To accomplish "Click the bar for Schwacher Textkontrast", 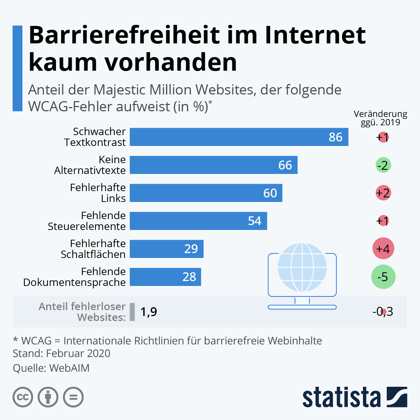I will (239, 137).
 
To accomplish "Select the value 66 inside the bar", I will (285, 165).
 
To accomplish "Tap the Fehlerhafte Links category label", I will (98, 193).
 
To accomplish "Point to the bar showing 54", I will (198, 221).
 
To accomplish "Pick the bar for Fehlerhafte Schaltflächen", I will (167, 249).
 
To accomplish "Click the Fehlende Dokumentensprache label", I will (74, 277).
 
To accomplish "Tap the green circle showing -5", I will (383, 277).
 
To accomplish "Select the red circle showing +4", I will (383, 249).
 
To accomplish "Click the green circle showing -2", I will (383, 165).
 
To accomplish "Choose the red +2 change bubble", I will (383, 193).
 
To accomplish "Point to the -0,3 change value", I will (383, 311).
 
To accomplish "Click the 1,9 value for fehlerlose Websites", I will (148, 311).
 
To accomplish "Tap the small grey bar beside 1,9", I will (132, 311).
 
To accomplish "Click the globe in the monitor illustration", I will (302, 267).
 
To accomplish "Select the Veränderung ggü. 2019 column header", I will (380, 118).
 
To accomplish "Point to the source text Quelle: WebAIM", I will (51, 368).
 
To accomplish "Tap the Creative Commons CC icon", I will (23, 397).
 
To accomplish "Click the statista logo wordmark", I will (341, 398).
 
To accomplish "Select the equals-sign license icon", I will (73, 397).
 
